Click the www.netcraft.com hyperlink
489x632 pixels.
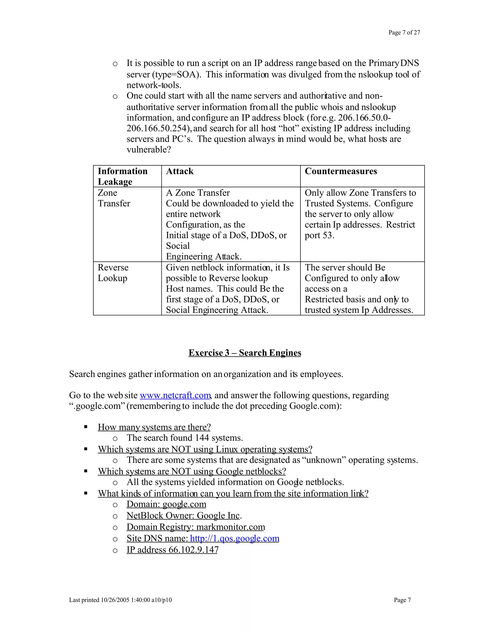pyautogui.click(x=175, y=395)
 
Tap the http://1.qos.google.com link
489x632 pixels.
pyautogui.click(x=234, y=538)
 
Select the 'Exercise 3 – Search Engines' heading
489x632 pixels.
pyautogui.click(x=244, y=353)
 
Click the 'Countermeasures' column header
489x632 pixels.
pyautogui.click(x=341, y=171)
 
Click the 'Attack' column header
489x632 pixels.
pyautogui.click(x=180, y=171)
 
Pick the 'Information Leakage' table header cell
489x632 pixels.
pyautogui.click(x=122, y=176)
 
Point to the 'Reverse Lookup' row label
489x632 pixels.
pyautogui.click(x=113, y=273)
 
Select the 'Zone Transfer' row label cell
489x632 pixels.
pyautogui.click(x=114, y=198)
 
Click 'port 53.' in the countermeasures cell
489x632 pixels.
pyautogui.click(x=319, y=235)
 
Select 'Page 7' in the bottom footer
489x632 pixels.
pyautogui.click(x=402, y=600)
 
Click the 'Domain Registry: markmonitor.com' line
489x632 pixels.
pyautogui.click(x=196, y=527)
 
